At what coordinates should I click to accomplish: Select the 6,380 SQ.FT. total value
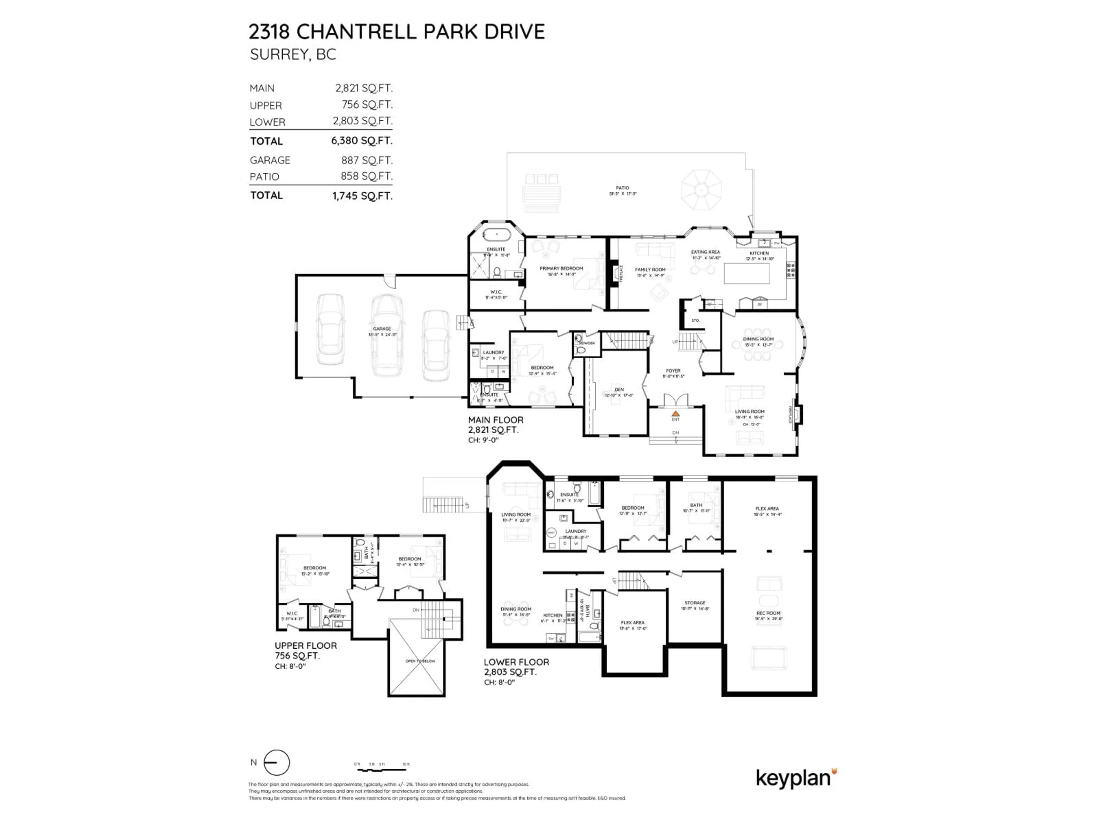point(362,140)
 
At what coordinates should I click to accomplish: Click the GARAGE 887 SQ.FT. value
point(366,160)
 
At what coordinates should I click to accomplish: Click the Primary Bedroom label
point(561,268)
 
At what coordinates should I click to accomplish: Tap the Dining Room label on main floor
point(758,339)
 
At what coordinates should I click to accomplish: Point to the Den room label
point(618,389)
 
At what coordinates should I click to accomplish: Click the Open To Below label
point(420,661)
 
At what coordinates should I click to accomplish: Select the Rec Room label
point(768,613)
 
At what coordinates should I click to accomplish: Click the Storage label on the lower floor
point(695,603)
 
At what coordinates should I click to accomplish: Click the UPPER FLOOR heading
point(306,646)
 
